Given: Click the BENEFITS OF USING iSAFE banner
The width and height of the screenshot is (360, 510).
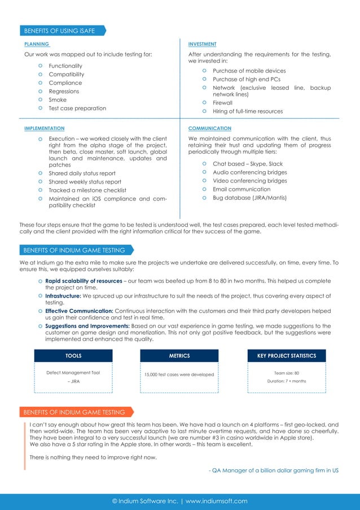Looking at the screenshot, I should (x=59, y=30).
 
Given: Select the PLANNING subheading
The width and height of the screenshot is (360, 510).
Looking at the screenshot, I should (x=37, y=44).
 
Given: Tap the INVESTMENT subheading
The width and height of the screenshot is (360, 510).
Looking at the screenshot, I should (x=202, y=44).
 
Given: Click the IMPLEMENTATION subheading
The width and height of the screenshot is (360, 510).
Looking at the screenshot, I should (x=44, y=129).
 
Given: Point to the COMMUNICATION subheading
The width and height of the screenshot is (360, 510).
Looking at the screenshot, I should (x=209, y=129).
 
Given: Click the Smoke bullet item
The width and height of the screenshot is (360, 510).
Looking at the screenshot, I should (x=57, y=100).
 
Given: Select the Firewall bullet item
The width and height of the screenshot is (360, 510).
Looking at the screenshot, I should (x=222, y=103).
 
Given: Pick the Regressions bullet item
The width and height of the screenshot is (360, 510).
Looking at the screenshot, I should (x=64, y=91).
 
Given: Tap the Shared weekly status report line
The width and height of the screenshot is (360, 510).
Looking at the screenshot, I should (x=85, y=182).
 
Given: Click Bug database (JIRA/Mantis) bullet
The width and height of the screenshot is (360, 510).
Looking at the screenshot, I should (x=249, y=198).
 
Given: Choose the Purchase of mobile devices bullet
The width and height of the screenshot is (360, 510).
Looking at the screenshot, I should (x=249, y=71).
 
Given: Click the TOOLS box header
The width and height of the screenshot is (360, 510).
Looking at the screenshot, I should (x=73, y=356).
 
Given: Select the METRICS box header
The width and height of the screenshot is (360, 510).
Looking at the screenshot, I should (x=179, y=356).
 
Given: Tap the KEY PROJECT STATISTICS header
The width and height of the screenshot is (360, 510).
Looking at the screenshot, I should (x=287, y=356).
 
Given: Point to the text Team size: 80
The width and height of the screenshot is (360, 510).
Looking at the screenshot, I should (x=287, y=373).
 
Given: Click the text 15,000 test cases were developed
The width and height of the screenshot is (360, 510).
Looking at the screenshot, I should (x=179, y=374).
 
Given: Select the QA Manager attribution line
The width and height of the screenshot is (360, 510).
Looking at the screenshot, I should (x=273, y=470).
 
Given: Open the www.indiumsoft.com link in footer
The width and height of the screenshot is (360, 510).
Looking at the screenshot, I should (x=216, y=501).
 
